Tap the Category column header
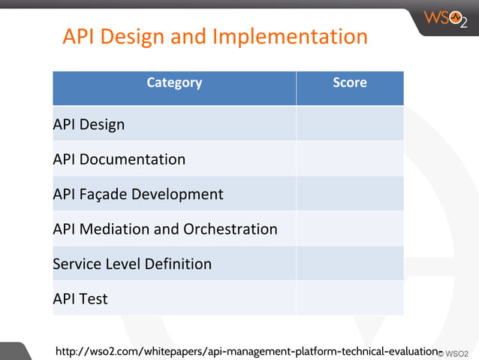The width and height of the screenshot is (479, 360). point(174,83)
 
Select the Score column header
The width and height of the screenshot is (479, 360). point(350,83)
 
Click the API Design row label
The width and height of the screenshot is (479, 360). point(89,125)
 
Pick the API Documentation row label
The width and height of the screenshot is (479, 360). point(119,159)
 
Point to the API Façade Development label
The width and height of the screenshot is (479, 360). point(138,194)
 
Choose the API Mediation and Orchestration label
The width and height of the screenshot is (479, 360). point(165,228)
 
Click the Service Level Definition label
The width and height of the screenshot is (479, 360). point(132,264)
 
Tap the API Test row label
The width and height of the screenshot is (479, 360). point(80,298)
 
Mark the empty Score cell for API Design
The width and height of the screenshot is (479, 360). point(350,124)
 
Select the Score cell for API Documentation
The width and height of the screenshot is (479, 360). point(350,159)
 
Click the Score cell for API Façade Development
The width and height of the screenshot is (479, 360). point(350,194)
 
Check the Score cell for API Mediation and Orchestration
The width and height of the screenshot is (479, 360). point(350,228)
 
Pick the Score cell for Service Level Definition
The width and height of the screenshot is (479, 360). point(350,263)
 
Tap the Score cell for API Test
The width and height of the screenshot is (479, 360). point(350,298)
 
